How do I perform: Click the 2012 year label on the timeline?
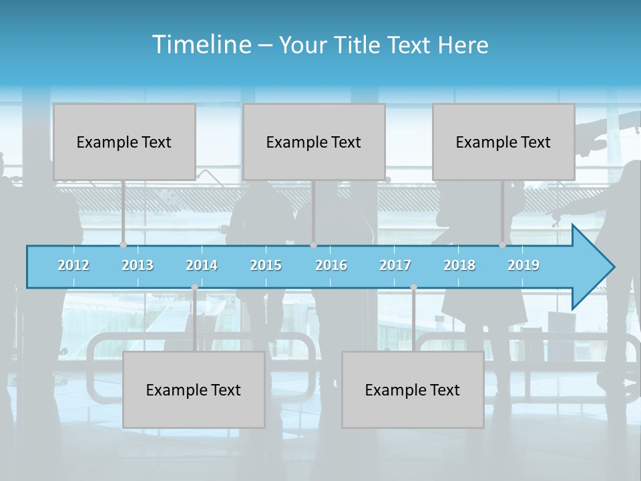point(73,265)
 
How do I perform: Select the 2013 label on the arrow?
point(138,265)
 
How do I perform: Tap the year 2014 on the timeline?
point(202,265)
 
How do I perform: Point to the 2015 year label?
point(266,265)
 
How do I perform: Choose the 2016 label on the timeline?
point(331,265)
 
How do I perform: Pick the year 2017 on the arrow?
point(395,265)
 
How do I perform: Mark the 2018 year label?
point(459,265)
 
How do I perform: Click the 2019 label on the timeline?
point(523,265)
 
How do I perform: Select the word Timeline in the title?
point(201,45)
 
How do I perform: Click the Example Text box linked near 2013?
point(124,142)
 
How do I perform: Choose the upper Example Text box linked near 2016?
point(314,142)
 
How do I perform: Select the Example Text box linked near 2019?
point(503,142)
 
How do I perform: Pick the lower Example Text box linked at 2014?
point(194,389)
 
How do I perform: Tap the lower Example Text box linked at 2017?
point(413,389)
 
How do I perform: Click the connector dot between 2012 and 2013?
point(123,245)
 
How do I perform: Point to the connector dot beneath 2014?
point(194,287)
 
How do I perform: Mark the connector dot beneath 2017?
point(413,287)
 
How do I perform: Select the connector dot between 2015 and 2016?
point(314,245)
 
